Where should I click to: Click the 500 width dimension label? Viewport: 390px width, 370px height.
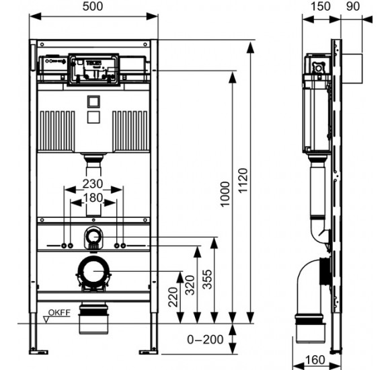[93, 7]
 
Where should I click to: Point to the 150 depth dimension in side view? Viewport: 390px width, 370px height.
[320, 7]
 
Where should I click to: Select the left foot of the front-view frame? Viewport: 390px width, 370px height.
[38, 350]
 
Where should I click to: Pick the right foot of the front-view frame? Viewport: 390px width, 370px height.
[149, 350]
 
